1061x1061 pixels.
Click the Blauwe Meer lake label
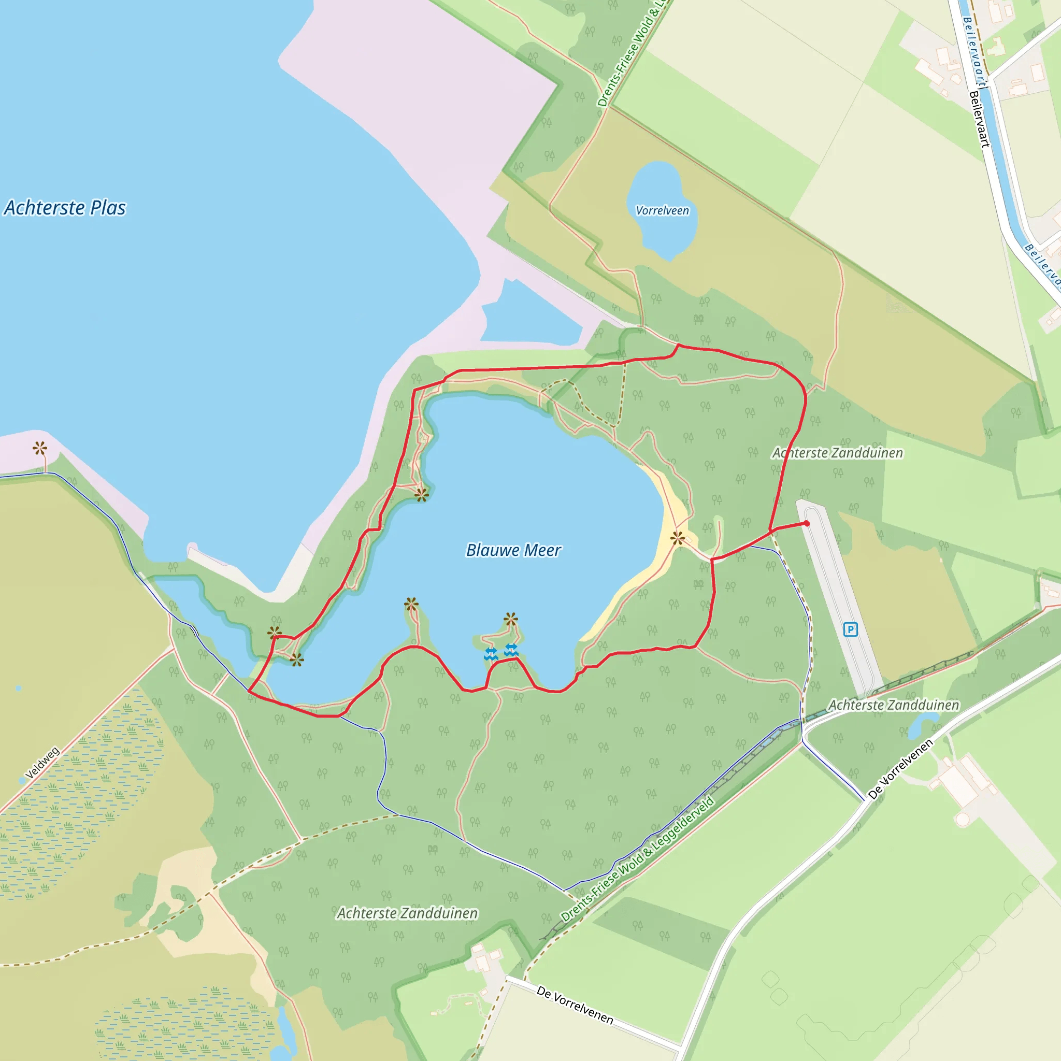pyautogui.click(x=513, y=550)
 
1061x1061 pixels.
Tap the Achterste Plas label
pyautogui.click(x=65, y=208)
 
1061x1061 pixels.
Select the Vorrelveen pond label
pyautogui.click(x=662, y=210)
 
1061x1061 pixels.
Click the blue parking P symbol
pyautogui.click(x=850, y=629)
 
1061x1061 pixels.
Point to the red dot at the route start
pyautogui.click(x=806, y=523)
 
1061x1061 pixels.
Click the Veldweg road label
pyautogui.click(x=42, y=763)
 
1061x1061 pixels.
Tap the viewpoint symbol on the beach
pyautogui.click(x=678, y=538)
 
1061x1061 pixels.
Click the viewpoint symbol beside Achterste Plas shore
pyautogui.click(x=39, y=448)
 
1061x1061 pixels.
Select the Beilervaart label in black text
pyautogui.click(x=979, y=119)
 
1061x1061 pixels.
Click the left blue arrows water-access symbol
pyautogui.click(x=491, y=653)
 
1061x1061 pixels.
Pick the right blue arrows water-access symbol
pyautogui.click(x=511, y=650)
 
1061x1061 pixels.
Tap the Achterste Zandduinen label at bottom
pyautogui.click(x=407, y=913)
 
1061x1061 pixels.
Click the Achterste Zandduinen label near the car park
pyautogui.click(x=894, y=705)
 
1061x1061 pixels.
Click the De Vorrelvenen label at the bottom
pyautogui.click(x=575, y=1005)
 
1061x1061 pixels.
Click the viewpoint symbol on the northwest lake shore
pyautogui.click(x=421, y=495)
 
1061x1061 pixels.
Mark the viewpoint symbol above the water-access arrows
pyautogui.click(x=511, y=620)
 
